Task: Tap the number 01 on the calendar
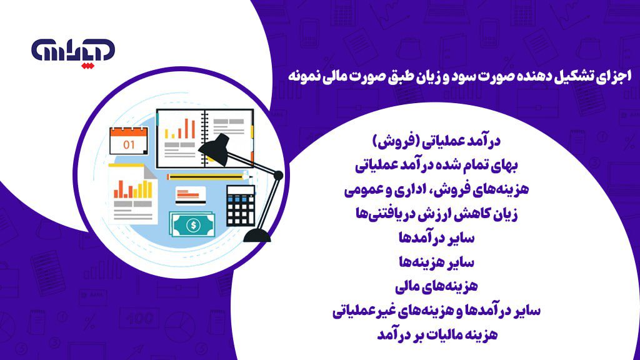pyautogui.click(x=129, y=144)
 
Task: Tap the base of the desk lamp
pyautogui.click(x=257, y=234)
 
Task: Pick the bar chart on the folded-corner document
pyautogui.click(x=132, y=188)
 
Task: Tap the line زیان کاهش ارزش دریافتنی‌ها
pyautogui.click(x=437, y=214)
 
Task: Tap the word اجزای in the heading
pyautogui.click(x=617, y=76)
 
